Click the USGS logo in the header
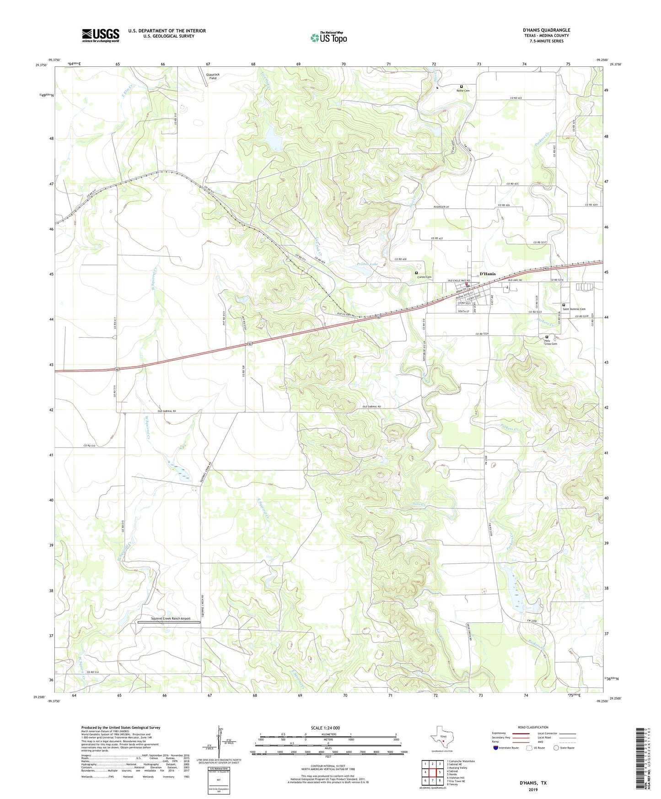click(x=101, y=35)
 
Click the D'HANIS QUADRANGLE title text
click(x=546, y=30)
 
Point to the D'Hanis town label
click(x=487, y=274)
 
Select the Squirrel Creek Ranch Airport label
click(x=171, y=619)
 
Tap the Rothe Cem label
click(x=463, y=91)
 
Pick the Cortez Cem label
click(x=424, y=277)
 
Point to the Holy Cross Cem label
click(x=550, y=342)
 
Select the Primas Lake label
click(x=368, y=265)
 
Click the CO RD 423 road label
click(x=516, y=98)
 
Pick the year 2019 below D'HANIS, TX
click(x=532, y=790)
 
